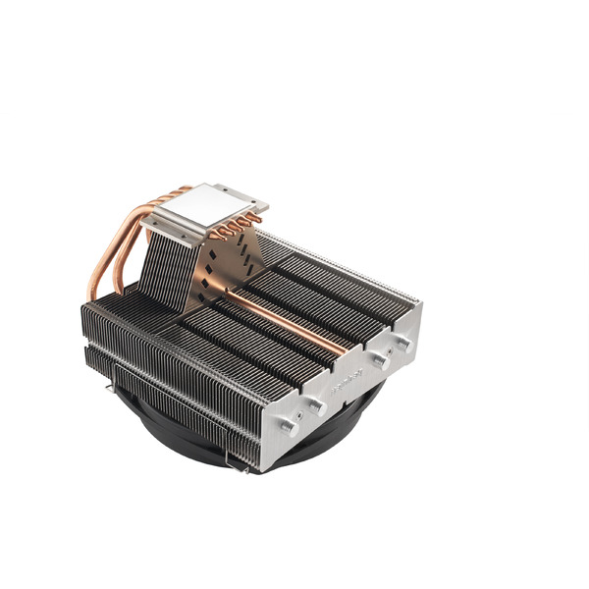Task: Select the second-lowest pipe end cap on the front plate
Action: pyautogui.click(x=316, y=402)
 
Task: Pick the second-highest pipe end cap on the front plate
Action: pyautogui.click(x=379, y=361)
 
